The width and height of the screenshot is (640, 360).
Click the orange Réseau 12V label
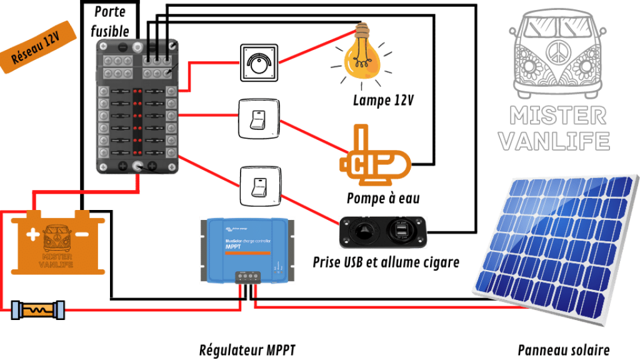[38, 51]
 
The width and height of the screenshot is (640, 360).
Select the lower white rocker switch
[259, 186]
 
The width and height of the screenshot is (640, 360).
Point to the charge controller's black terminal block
[247, 276]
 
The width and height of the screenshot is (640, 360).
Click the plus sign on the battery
[32, 235]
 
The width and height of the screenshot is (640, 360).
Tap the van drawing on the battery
[57, 240]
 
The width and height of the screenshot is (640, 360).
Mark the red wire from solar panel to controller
[387, 307]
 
